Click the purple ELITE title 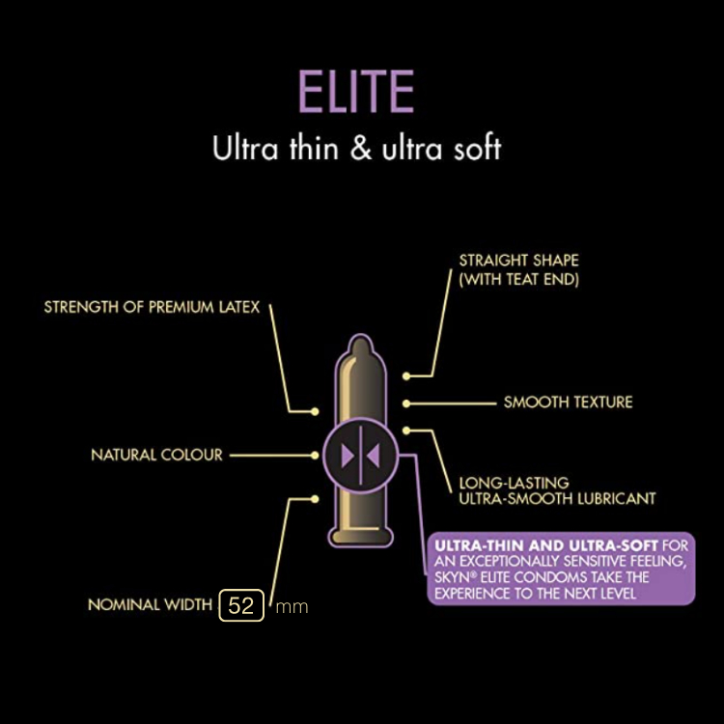point(356,91)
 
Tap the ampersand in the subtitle point(360,148)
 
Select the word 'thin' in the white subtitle point(314,148)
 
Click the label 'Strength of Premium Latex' point(152,307)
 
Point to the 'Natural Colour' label point(157,455)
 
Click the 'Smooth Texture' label point(568,403)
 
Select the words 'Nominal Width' point(150,604)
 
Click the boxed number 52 point(241,605)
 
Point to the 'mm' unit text point(292,607)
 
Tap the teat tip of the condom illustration point(360,344)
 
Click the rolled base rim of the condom point(361,537)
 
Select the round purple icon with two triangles point(361,456)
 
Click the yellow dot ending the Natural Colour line point(315,456)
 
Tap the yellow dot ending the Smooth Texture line point(406,404)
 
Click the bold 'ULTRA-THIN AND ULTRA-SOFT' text point(546,545)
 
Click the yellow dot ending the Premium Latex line point(315,411)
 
